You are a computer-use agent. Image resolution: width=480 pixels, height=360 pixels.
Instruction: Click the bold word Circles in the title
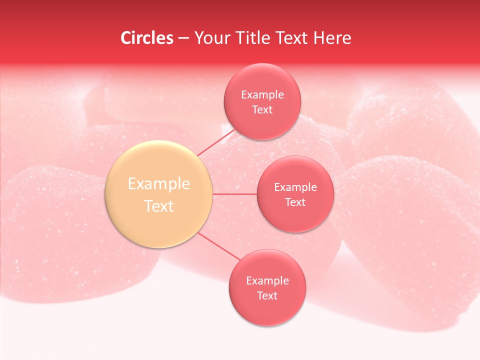click(x=147, y=38)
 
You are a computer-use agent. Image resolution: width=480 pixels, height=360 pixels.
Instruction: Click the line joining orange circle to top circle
click(x=216, y=142)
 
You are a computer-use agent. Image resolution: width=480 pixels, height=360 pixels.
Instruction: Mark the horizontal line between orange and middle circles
click(x=234, y=194)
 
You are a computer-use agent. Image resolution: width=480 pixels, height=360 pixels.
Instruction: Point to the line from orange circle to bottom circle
click(x=218, y=246)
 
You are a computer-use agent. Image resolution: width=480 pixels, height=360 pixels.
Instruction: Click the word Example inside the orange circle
click(x=159, y=183)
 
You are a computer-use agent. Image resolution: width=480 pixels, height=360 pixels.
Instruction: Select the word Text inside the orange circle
click(x=159, y=206)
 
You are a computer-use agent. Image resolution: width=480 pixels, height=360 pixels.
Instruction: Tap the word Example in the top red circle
click(x=262, y=94)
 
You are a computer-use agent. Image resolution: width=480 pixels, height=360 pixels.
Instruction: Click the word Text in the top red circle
click(x=262, y=109)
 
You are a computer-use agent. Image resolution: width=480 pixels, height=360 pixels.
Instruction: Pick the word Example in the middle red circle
click(x=295, y=187)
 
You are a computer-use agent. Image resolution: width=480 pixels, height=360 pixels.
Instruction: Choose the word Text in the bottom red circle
click(x=267, y=295)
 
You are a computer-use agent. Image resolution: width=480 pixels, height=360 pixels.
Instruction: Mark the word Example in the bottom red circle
click(x=267, y=280)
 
